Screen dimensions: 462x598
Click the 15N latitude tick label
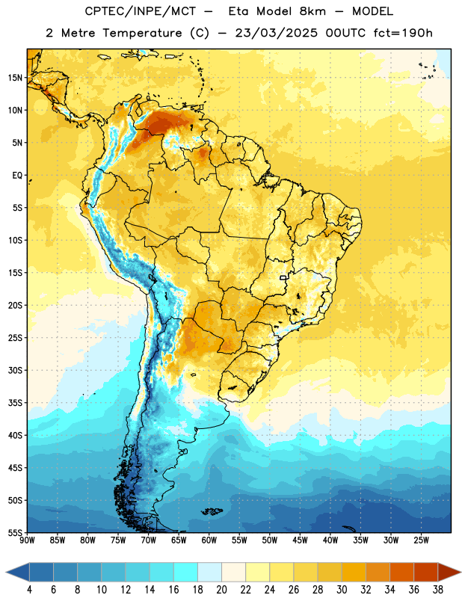point(15,78)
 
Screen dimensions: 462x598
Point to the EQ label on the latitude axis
point(17,176)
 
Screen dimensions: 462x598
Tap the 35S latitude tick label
point(15,403)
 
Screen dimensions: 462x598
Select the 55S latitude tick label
point(15,532)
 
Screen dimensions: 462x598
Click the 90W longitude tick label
point(28,540)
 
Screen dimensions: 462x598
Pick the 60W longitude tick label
point(209,540)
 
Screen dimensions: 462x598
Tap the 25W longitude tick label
point(421,540)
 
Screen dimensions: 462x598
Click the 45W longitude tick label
point(300,540)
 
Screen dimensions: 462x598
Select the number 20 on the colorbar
point(221,590)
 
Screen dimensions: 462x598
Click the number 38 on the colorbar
point(438,590)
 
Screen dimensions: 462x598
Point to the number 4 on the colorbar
point(29,590)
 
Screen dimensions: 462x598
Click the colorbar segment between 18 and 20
point(210,572)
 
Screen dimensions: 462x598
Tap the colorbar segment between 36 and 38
point(426,572)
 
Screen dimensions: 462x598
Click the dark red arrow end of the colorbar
point(449,572)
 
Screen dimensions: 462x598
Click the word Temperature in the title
point(142,33)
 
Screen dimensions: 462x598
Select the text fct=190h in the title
point(403,33)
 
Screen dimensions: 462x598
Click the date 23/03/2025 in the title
point(276,33)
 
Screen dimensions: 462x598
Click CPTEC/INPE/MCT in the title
point(141,12)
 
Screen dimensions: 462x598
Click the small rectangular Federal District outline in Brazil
point(283,277)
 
